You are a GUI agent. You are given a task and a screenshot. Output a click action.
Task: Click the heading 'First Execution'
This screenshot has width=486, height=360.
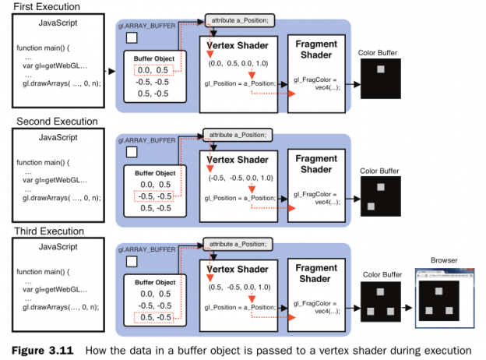(45, 6)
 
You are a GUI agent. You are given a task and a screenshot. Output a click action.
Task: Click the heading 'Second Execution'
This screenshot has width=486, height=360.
(57, 122)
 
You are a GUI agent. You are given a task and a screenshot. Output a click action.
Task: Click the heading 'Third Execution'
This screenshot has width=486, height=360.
(50, 231)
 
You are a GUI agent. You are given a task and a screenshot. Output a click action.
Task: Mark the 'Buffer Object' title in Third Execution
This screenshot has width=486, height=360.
(156, 280)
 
